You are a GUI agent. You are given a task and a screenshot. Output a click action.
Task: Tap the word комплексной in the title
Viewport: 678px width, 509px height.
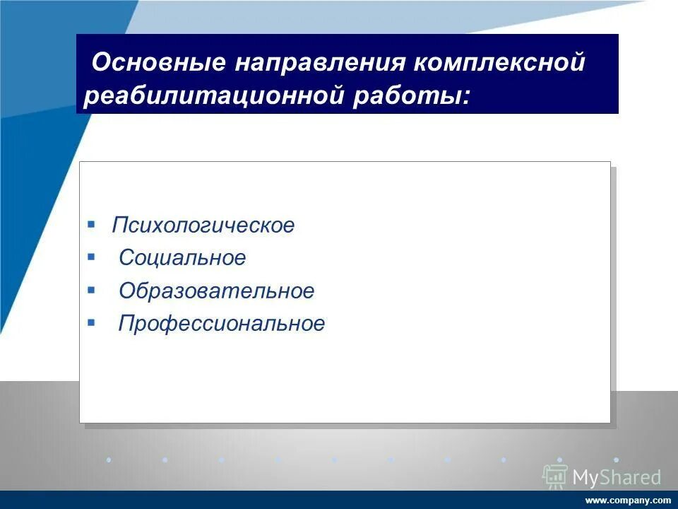(500, 63)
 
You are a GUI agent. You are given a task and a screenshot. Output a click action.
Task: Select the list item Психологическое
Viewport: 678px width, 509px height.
(203, 226)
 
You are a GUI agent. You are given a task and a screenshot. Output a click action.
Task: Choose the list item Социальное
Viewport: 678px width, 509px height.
(182, 258)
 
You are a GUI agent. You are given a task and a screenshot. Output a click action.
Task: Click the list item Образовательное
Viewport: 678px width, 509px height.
(216, 291)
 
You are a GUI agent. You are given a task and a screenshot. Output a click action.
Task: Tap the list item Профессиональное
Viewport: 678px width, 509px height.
(222, 324)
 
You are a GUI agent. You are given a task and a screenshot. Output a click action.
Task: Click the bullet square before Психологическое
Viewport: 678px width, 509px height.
(91, 224)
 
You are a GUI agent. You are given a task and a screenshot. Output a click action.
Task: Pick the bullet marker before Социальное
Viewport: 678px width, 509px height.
(91, 257)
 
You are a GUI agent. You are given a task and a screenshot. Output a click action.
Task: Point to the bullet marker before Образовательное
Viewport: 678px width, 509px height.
(91, 289)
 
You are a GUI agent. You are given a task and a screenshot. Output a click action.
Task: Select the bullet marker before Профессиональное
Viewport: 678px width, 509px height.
(91, 322)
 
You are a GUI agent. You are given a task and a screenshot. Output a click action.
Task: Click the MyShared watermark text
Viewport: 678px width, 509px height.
(617, 478)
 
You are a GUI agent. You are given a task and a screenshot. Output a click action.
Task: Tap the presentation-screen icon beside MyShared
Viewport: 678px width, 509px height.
(555, 476)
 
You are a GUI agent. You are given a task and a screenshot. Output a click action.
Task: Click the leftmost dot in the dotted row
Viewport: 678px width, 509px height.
(108, 460)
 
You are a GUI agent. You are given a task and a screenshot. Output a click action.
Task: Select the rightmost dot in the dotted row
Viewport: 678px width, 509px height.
(616, 460)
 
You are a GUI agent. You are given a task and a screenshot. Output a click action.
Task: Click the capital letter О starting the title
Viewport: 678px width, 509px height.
(100, 63)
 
